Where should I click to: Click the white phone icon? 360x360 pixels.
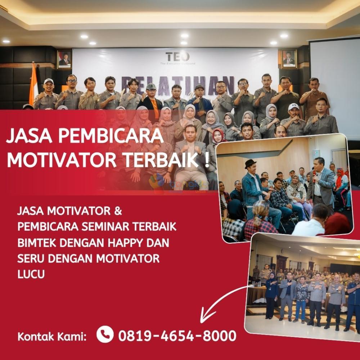[x=105, y=334]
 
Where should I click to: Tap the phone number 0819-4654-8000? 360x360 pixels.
[x=177, y=336]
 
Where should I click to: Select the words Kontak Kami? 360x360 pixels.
[x=52, y=337]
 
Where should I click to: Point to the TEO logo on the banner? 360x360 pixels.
[x=177, y=57]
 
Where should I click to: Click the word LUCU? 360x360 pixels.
[x=31, y=274]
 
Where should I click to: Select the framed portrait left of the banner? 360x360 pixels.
[x=64, y=59]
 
